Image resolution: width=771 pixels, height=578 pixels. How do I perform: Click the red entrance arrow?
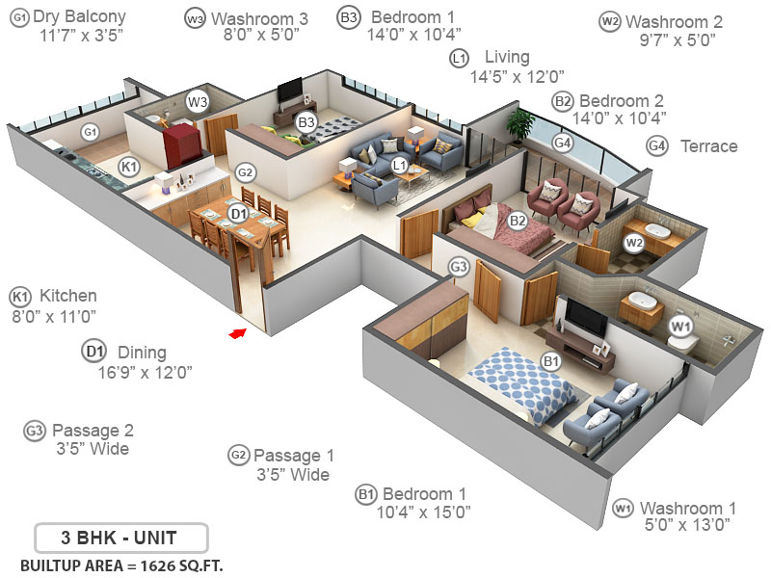(237, 333)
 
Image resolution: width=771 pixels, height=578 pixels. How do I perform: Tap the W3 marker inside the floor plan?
(198, 101)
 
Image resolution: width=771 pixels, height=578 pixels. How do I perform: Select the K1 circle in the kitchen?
(129, 168)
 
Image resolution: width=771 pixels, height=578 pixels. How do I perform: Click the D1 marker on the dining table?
(238, 213)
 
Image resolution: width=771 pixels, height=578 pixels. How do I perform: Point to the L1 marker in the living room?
(400, 165)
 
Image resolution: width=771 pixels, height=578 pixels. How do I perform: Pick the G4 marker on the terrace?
(563, 143)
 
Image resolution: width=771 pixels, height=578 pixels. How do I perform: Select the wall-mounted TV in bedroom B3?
(289, 92)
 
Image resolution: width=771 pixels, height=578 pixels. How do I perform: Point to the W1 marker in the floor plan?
(681, 328)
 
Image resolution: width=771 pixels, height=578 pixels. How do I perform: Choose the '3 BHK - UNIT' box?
(119, 536)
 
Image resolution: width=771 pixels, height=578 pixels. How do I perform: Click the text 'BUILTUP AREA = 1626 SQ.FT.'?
(120, 564)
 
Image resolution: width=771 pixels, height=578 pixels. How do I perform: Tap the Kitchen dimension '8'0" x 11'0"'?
(54, 315)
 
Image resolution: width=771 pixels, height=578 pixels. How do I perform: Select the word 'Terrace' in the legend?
(708, 146)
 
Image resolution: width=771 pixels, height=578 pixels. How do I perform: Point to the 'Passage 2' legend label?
(93, 430)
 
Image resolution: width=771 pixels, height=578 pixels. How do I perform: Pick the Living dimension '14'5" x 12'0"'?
(517, 76)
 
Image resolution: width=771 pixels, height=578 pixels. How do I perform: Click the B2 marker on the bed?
(518, 221)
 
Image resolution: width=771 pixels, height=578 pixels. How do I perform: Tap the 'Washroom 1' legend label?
(687, 508)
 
